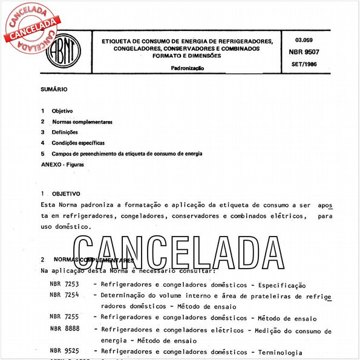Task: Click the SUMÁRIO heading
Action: click(54, 90)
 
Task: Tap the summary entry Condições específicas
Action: click(78, 143)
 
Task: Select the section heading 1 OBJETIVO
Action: click(61, 194)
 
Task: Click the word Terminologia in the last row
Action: click(273, 351)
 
